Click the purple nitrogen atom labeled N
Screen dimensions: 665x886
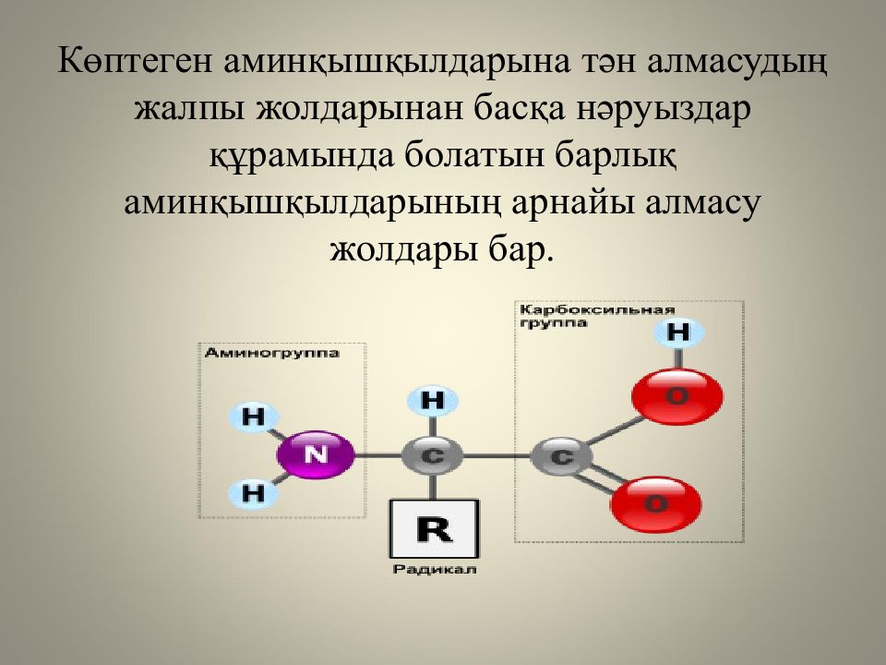(316, 454)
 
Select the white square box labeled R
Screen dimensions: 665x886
(434, 529)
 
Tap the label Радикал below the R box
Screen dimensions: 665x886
(434, 570)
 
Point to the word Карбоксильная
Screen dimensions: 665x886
(596, 310)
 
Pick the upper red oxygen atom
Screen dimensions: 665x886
(676, 396)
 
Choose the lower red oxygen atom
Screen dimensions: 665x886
(655, 503)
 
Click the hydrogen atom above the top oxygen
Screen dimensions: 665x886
(678, 332)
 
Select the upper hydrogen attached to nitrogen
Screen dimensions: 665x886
(252, 417)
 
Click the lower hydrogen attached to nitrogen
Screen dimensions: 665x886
(252, 492)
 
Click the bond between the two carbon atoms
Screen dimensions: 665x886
(497, 455)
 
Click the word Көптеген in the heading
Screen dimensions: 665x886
(138, 66)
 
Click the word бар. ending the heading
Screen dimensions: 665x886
(518, 249)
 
